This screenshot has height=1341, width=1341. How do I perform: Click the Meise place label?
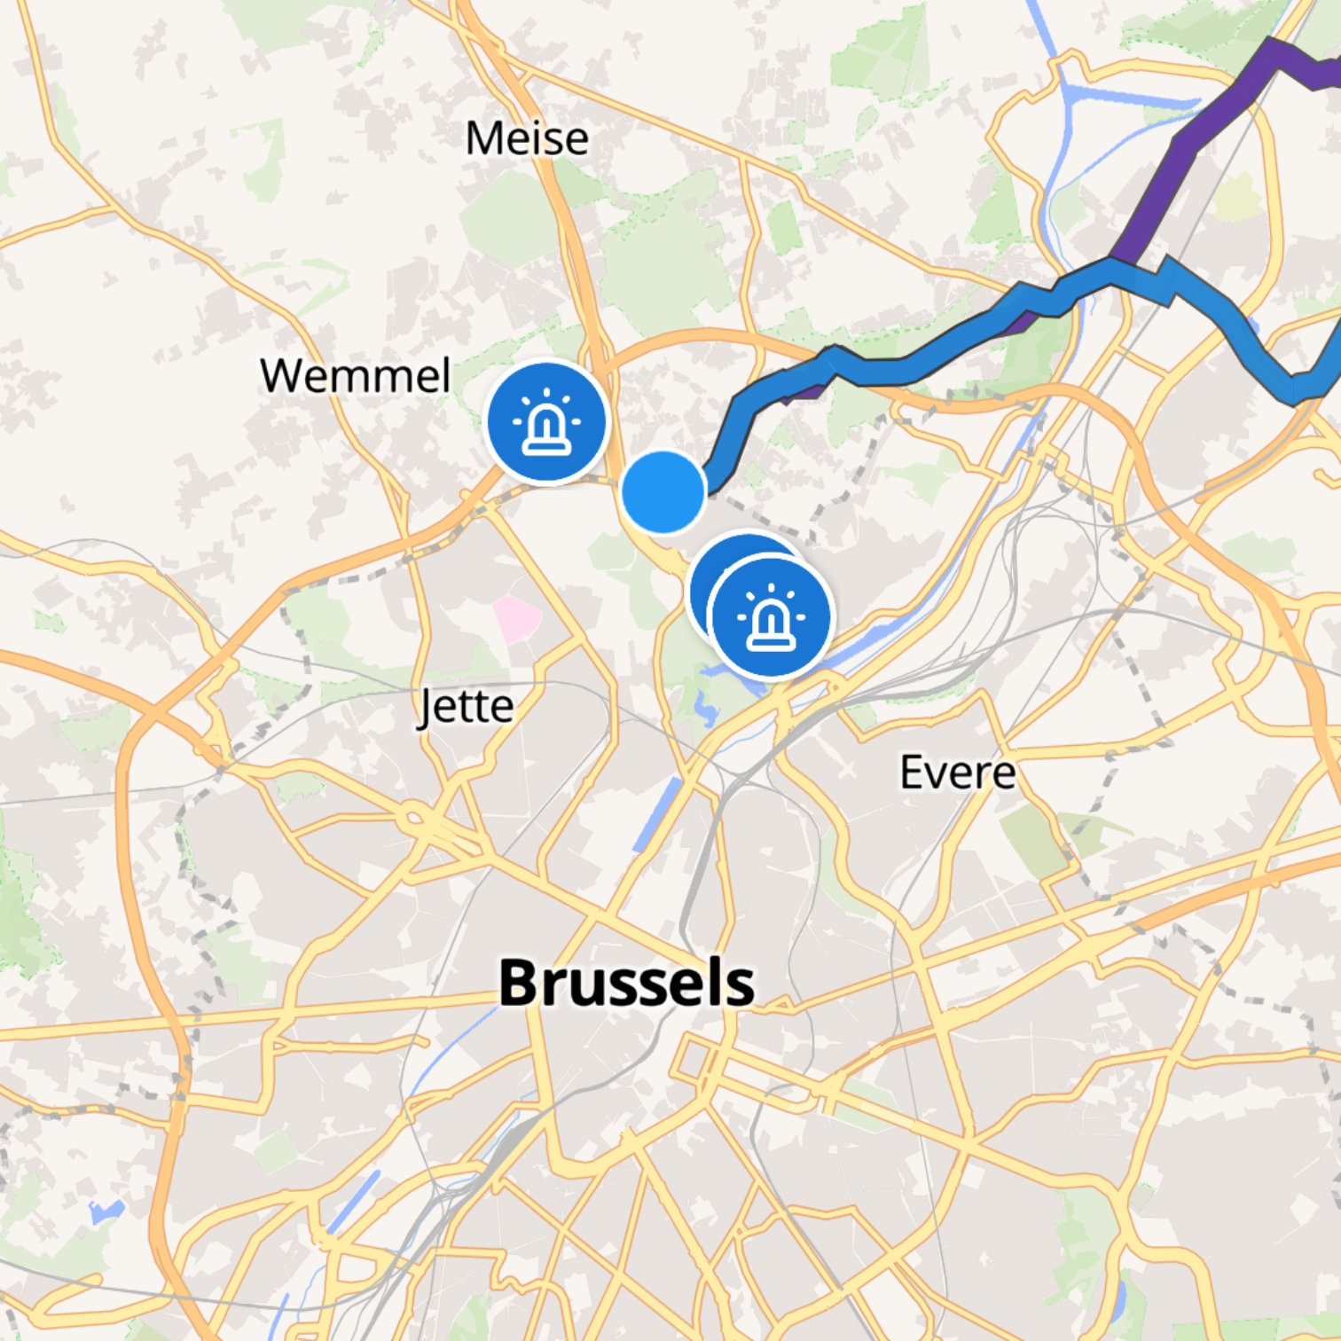[x=527, y=138]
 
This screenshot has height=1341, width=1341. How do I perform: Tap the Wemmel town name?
[x=356, y=375]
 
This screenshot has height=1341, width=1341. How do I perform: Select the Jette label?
[x=466, y=707]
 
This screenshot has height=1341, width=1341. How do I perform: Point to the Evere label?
[x=958, y=772]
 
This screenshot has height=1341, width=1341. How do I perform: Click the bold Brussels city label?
[x=626, y=983]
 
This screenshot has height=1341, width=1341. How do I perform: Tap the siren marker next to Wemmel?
[x=546, y=421]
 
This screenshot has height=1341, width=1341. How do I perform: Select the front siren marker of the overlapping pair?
[x=771, y=616]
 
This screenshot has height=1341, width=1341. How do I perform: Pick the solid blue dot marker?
[x=663, y=491]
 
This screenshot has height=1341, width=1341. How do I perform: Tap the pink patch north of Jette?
[x=517, y=619]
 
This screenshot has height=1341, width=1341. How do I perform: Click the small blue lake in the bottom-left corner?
[x=105, y=1211]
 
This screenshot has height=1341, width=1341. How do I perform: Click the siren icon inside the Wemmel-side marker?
[x=546, y=423]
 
